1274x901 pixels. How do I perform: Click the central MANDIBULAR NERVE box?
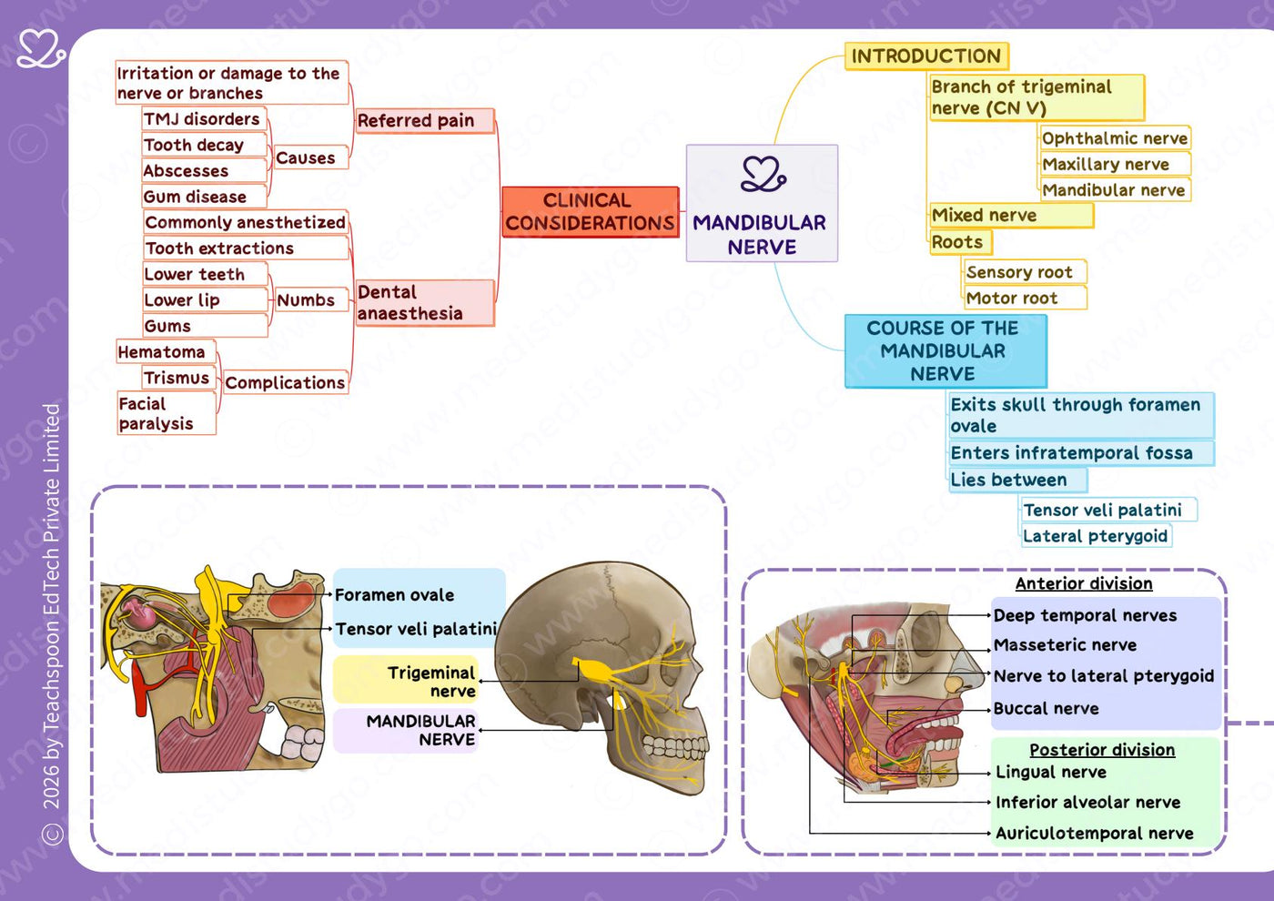point(762,203)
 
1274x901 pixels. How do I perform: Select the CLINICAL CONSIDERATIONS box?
point(590,211)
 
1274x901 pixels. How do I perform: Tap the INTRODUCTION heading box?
point(926,56)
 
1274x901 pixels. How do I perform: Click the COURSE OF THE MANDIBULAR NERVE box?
point(945,351)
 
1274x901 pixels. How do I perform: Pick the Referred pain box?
point(424,120)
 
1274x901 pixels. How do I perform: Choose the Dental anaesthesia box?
point(424,302)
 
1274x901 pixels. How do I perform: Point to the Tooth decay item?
point(204,145)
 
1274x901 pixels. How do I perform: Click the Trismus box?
point(178,378)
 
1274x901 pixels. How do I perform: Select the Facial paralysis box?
point(166,413)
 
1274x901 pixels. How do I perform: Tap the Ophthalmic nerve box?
point(1115,138)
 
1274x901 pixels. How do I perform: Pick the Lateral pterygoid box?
point(1096,536)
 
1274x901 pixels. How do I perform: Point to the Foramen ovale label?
point(394,595)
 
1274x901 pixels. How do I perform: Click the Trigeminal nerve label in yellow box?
point(431,682)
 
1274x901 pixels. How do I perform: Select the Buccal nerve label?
point(1046,708)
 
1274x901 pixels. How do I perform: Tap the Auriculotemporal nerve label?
point(1094,834)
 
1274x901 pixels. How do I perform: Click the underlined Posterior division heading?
point(1102,750)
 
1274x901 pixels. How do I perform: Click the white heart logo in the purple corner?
point(41,49)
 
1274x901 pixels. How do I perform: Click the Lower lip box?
point(204,299)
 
